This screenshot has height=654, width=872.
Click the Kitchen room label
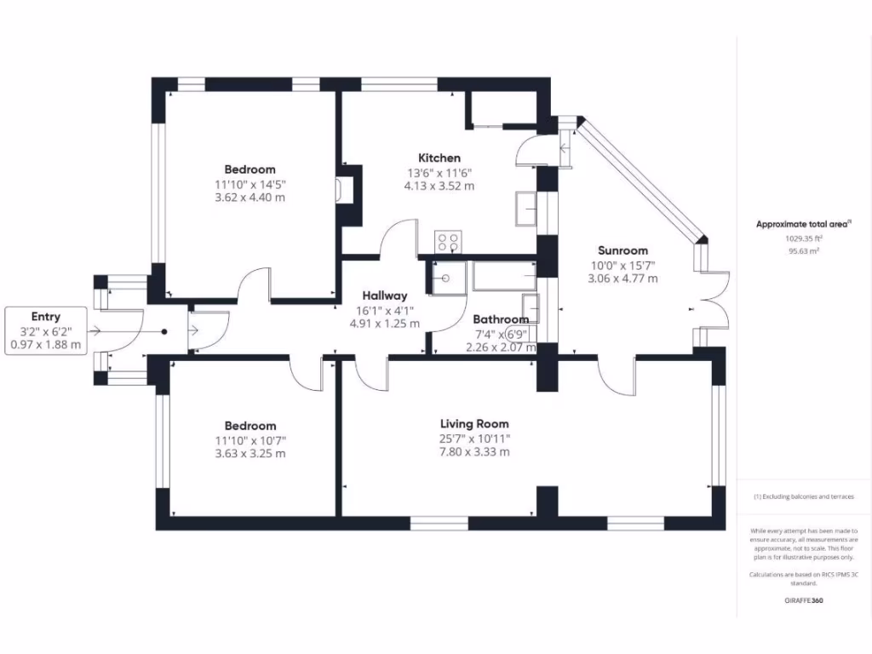(439, 158)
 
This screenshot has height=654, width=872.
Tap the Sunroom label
(622, 250)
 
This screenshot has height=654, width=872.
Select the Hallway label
(385, 295)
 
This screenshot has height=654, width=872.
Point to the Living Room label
(474, 423)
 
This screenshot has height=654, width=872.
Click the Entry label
(46, 317)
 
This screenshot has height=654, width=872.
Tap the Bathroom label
(501, 319)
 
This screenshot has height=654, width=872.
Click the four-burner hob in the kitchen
(448, 242)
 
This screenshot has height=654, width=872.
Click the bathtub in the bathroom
(502, 276)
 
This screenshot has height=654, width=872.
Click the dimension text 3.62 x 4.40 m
(250, 198)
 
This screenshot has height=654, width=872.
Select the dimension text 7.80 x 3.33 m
(474, 452)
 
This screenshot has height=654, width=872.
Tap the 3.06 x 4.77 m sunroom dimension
(622, 278)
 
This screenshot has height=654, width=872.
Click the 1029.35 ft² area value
(803, 239)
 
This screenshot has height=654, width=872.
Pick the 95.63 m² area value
(803, 251)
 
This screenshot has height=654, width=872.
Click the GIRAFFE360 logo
(803, 600)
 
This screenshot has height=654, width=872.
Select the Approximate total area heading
(802, 224)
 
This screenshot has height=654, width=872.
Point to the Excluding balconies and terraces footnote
(803, 496)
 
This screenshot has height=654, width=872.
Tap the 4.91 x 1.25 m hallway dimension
(385, 324)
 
